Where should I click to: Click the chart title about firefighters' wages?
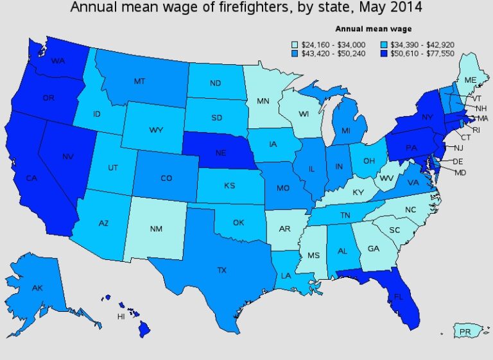coord(247,8)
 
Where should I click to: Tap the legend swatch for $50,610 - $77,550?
coord(386,54)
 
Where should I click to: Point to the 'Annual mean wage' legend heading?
coord(374,29)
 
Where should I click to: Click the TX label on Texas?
coord(221,270)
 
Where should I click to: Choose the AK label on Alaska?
coord(37,289)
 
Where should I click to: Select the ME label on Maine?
coord(471,79)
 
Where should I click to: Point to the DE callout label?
coord(457,162)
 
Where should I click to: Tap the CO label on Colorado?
coord(166,178)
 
